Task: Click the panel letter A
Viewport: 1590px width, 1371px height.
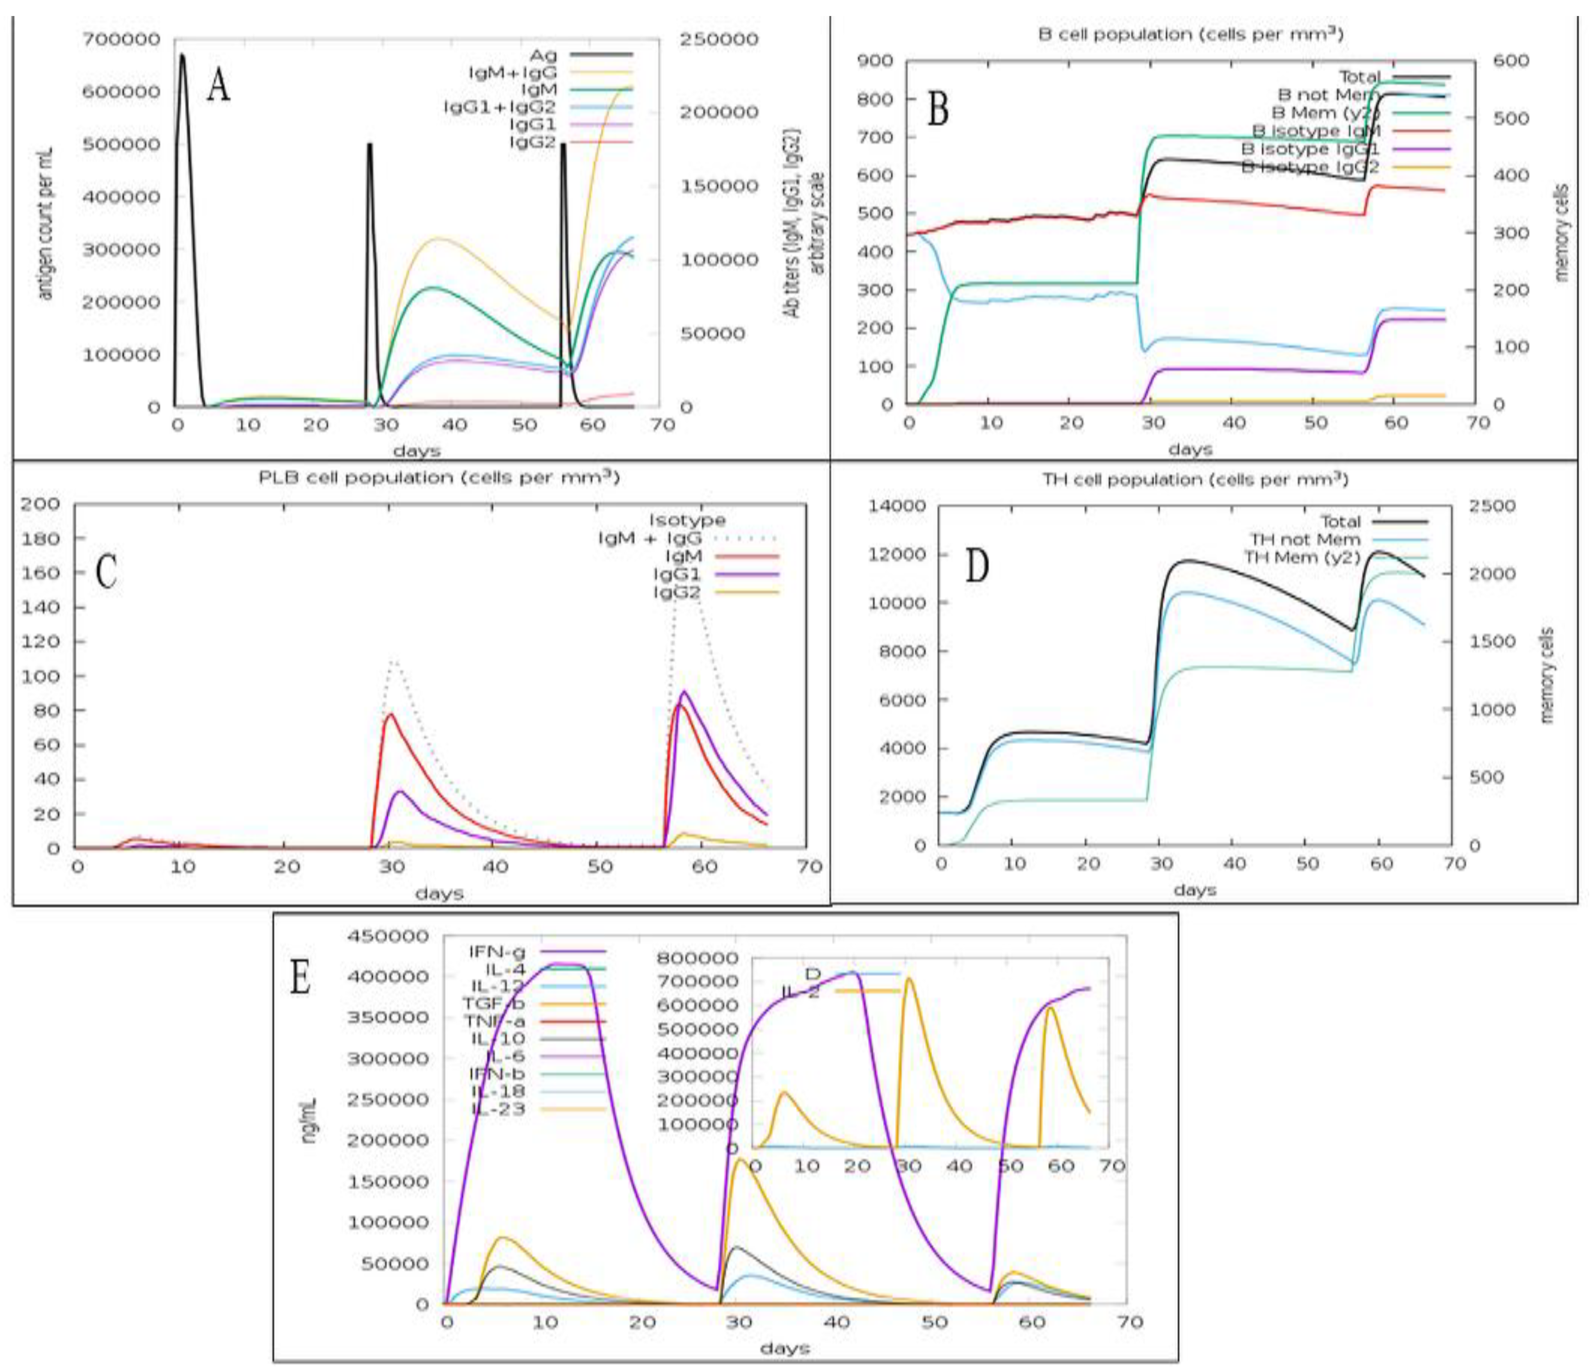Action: click(219, 86)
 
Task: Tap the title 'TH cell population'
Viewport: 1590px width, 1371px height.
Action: click(1194, 479)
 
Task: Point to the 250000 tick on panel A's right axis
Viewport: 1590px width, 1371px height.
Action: click(718, 39)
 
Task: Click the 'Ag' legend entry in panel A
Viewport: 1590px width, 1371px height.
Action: click(543, 55)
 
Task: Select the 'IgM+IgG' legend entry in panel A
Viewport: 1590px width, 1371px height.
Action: click(513, 73)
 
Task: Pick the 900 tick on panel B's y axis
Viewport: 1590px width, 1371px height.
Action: click(877, 61)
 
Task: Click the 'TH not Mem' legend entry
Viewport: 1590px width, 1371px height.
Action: click(1305, 539)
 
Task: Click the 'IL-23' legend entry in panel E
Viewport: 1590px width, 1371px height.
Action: click(497, 1109)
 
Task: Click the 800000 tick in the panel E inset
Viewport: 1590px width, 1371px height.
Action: click(698, 958)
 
